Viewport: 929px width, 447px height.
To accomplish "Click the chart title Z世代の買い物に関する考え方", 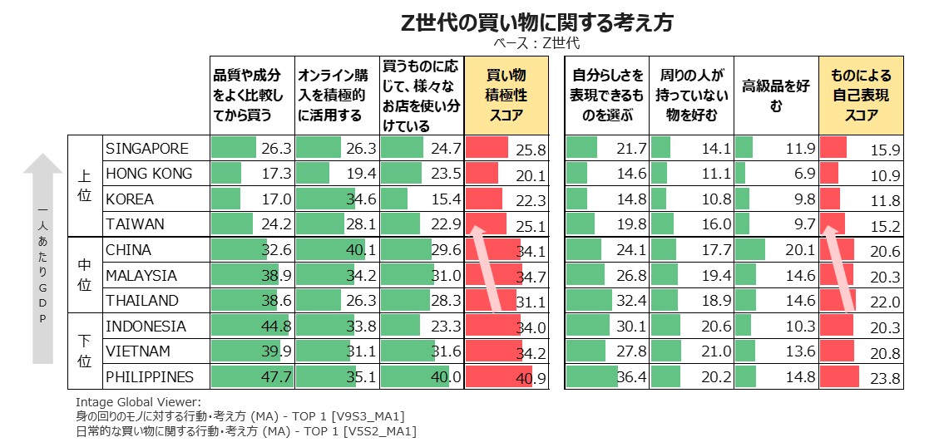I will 536,22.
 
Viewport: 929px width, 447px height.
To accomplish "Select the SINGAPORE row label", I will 147,149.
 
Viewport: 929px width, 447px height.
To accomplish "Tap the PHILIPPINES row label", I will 150,377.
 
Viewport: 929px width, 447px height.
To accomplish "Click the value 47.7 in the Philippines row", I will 276,378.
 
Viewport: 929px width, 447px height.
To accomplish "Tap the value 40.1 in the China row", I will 361,251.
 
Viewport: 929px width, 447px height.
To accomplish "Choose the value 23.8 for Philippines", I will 883,379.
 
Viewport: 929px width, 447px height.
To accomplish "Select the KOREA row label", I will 130,199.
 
